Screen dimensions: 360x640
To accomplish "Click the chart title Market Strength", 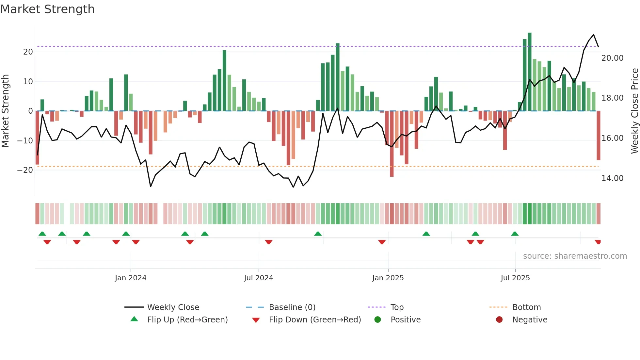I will coord(47,9).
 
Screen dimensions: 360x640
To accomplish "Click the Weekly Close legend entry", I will coord(173,307).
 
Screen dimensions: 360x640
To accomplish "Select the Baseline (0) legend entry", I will coord(292,307).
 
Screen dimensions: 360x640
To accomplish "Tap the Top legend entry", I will coord(397,307).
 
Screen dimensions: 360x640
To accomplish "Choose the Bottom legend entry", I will coord(526,307).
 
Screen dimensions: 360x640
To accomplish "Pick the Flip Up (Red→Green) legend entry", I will coord(187,320).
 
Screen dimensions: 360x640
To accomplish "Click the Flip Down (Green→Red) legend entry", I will coord(315,320).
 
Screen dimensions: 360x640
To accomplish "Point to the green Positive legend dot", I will coord(378,320).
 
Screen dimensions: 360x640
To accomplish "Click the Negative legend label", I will coord(530,320).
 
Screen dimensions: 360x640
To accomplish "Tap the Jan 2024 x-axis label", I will coord(131,278).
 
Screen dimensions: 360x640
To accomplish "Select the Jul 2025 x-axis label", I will coord(515,278).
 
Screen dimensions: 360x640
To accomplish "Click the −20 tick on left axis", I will coord(25,170).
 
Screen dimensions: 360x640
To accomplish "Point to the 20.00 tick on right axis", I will coord(612,58).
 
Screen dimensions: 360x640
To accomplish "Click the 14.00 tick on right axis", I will coord(612,178).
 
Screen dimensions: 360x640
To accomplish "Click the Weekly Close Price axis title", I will coord(634,111).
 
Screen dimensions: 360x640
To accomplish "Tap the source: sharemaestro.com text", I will coord(575,256).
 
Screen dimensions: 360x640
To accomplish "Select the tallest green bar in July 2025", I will coord(530,72).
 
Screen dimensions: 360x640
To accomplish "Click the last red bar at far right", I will coord(598,136).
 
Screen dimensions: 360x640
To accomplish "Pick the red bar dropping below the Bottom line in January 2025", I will coord(392,144).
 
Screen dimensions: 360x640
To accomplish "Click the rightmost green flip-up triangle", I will coord(515,234).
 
